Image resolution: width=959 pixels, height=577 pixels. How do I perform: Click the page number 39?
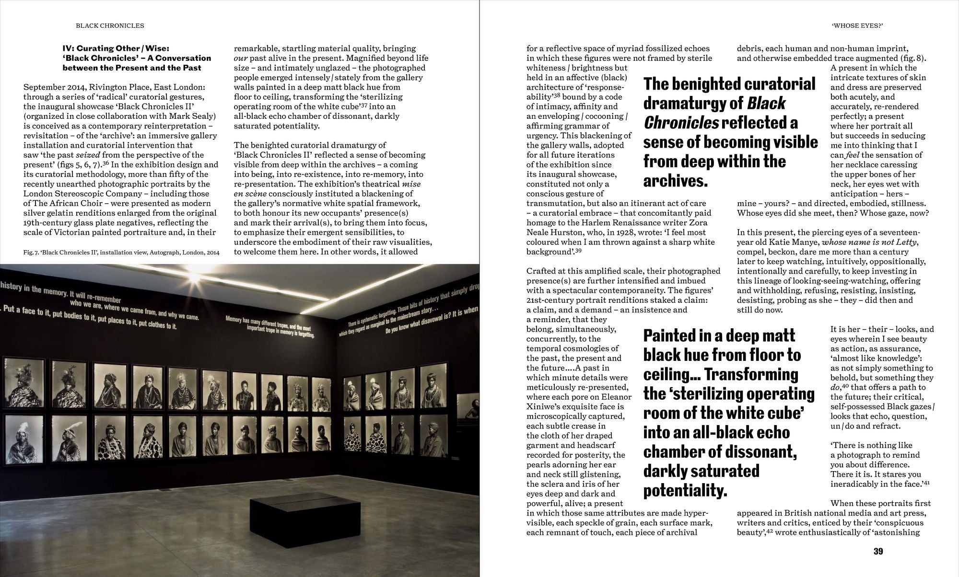[x=877, y=551]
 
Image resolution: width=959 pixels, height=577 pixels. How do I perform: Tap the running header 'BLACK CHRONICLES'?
[x=110, y=25]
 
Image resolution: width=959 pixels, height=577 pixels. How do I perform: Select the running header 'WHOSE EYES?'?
[x=857, y=25]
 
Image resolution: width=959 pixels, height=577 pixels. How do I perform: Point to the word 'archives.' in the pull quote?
[x=675, y=181]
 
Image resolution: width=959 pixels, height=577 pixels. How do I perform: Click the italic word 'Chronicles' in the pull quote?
[x=681, y=123]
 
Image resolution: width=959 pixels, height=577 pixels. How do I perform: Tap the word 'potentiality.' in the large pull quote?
[x=685, y=490]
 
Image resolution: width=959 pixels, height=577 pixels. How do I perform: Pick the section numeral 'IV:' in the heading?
[x=70, y=48]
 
